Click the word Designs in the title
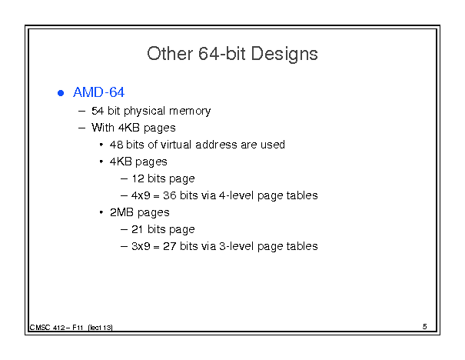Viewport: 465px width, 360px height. [x=284, y=55]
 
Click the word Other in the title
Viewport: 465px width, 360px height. [x=170, y=53]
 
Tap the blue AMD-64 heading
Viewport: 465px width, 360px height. [x=98, y=92]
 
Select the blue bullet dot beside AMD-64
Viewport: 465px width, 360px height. [x=61, y=93]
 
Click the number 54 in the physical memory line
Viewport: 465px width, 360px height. [x=98, y=111]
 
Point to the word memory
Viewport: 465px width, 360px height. [x=190, y=112]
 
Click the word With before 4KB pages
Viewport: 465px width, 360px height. [x=103, y=128]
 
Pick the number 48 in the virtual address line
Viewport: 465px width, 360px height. [x=116, y=145]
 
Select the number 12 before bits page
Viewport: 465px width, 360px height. [x=138, y=178]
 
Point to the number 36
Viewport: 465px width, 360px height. [x=170, y=195]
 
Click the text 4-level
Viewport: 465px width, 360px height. [x=237, y=195]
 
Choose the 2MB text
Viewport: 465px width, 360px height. [x=121, y=212]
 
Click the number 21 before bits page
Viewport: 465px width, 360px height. [x=138, y=229]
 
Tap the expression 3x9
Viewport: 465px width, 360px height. [x=141, y=246]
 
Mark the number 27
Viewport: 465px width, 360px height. [x=170, y=246]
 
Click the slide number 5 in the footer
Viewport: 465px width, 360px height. [x=425, y=327]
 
